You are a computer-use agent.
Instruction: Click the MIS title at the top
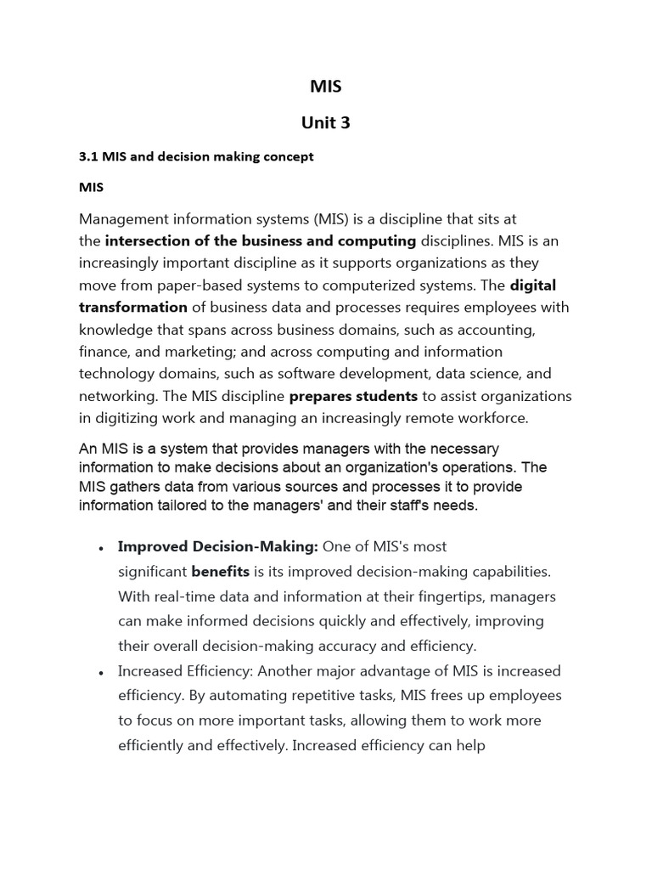(x=326, y=86)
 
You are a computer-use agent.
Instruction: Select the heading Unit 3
(x=326, y=122)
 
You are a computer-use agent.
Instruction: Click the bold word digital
(x=533, y=285)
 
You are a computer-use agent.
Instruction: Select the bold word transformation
(x=133, y=308)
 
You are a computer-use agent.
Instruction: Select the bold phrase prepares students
(x=353, y=396)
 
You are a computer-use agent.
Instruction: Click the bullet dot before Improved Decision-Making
(x=101, y=548)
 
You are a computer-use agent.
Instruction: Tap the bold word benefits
(x=220, y=572)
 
